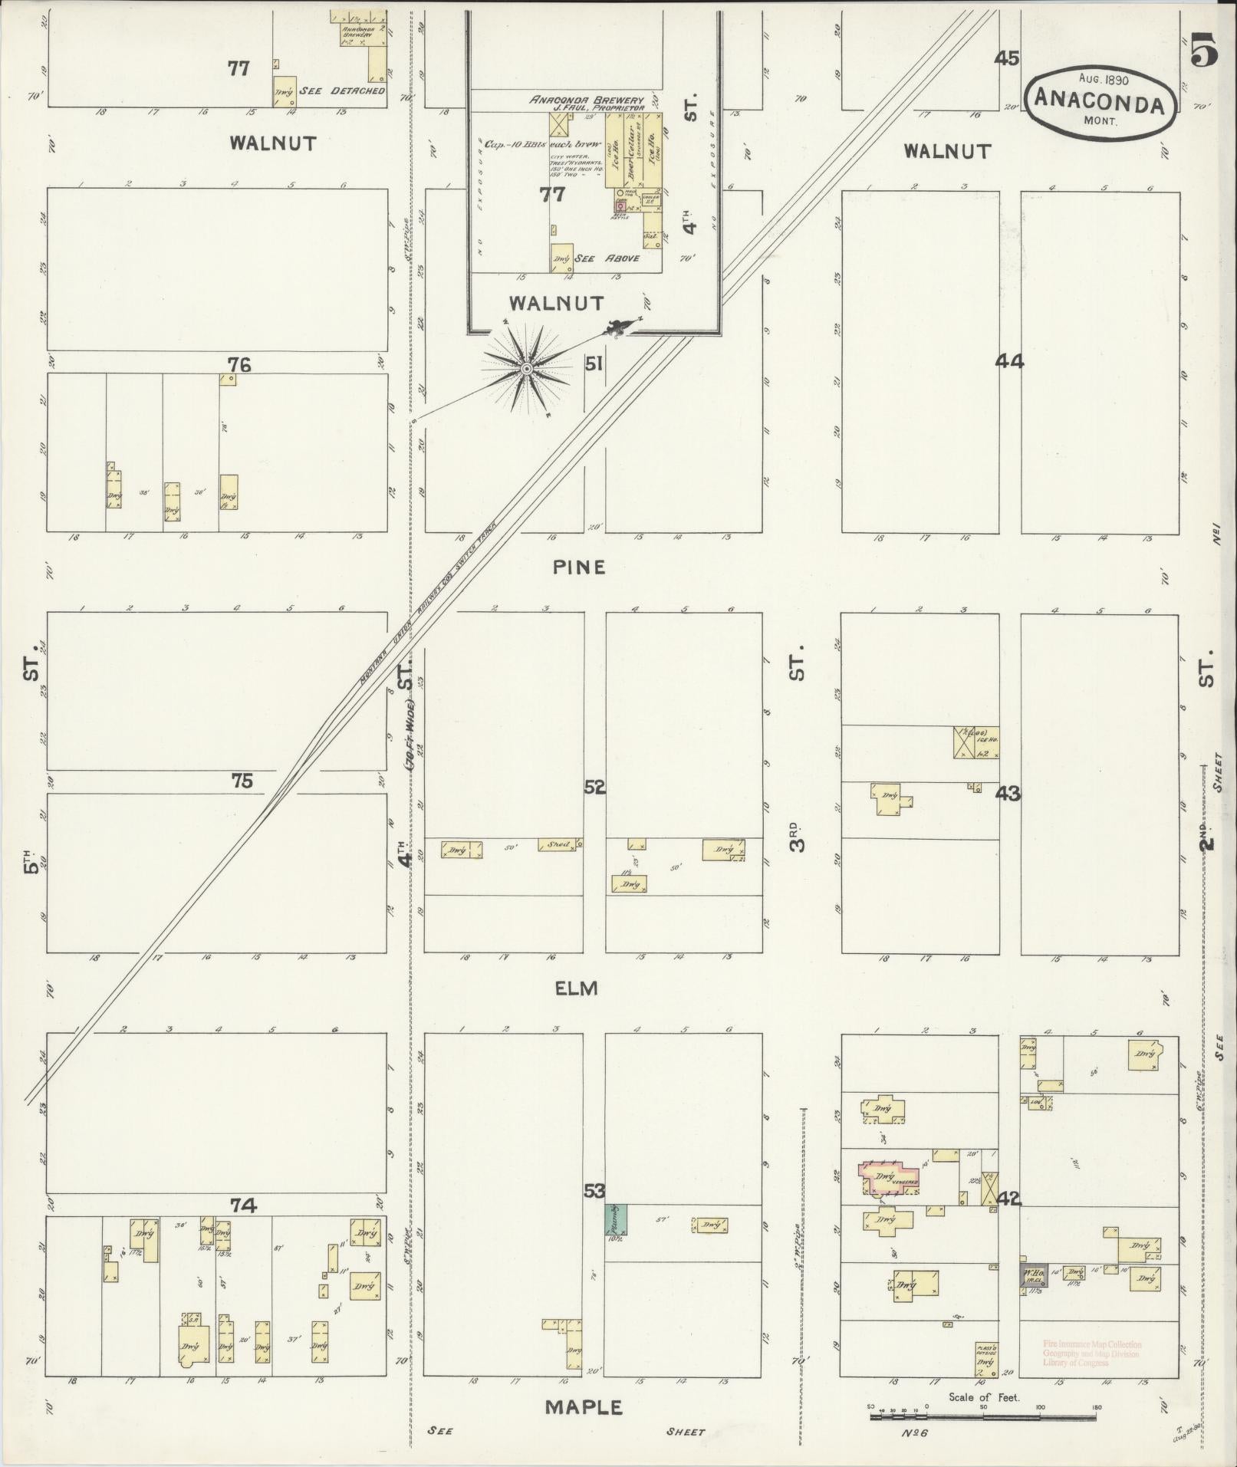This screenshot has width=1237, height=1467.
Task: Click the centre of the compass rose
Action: point(526,370)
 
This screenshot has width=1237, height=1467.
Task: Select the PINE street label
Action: point(579,567)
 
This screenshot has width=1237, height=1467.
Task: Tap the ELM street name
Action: point(576,988)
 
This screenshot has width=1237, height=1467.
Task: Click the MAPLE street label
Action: point(584,1408)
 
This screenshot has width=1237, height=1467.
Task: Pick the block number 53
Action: point(594,1212)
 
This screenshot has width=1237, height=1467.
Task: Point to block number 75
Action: point(242,781)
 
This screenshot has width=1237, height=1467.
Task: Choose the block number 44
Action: point(1009,361)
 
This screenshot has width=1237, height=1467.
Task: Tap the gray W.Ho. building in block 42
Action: point(1032,1275)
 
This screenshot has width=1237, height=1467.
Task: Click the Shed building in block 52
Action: point(560,845)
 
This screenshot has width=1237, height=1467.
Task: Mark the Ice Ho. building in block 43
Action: point(976,742)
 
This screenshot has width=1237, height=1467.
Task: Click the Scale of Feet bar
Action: point(984,1416)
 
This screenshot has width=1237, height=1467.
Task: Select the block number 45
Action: point(1007,58)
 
